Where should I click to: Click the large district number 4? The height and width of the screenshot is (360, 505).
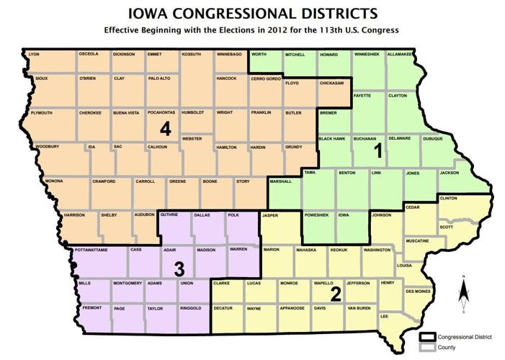pos(166,130)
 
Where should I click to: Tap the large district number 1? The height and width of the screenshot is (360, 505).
pos(377,152)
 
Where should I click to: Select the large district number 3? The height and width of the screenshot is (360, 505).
pos(180,269)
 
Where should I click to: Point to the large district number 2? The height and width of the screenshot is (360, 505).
pos(335,294)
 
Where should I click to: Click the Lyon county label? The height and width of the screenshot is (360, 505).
pos(33,55)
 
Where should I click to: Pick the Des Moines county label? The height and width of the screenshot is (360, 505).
pos(419,291)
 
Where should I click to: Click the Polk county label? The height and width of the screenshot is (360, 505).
pos(233,215)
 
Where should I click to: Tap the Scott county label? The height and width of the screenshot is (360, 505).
pos(447,228)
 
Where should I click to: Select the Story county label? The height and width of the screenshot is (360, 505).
pos(243,181)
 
